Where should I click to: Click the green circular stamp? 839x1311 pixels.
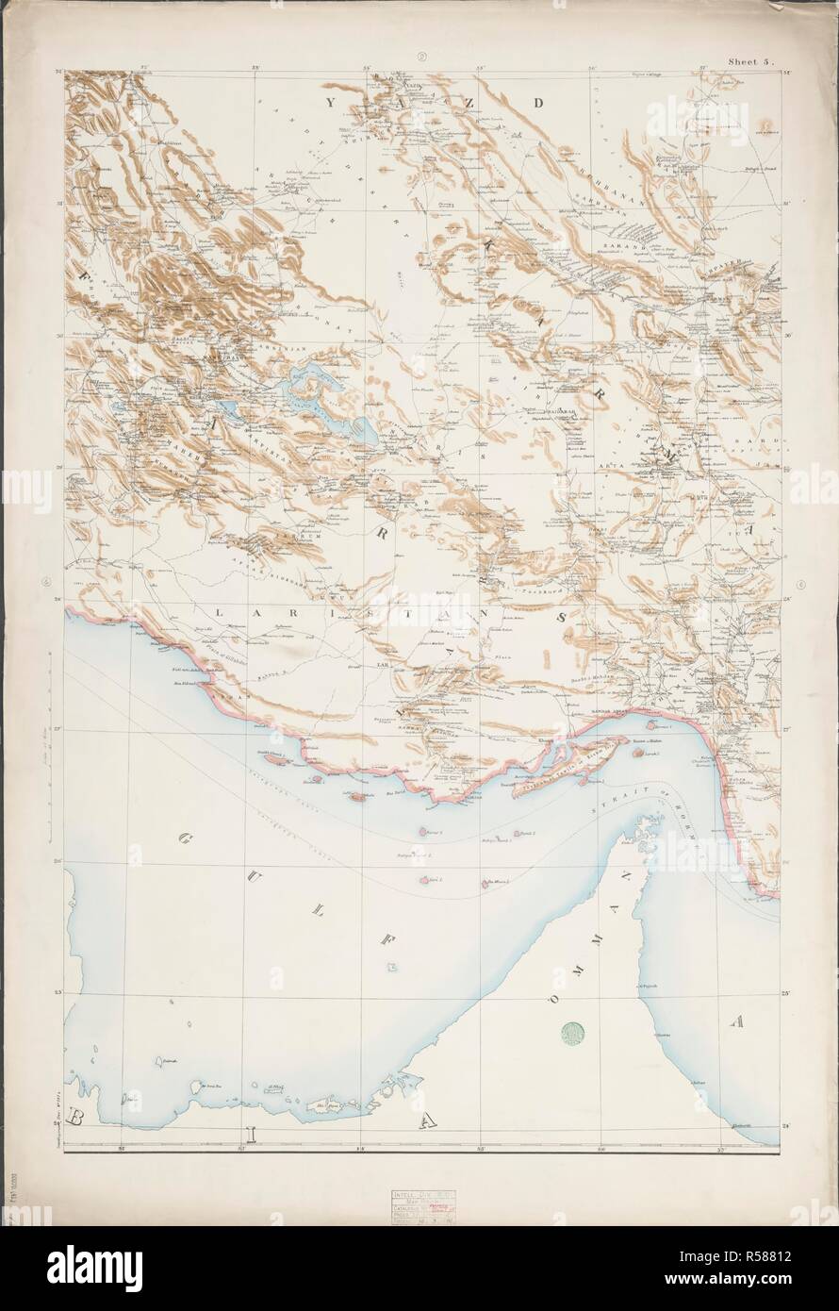point(572,1036)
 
